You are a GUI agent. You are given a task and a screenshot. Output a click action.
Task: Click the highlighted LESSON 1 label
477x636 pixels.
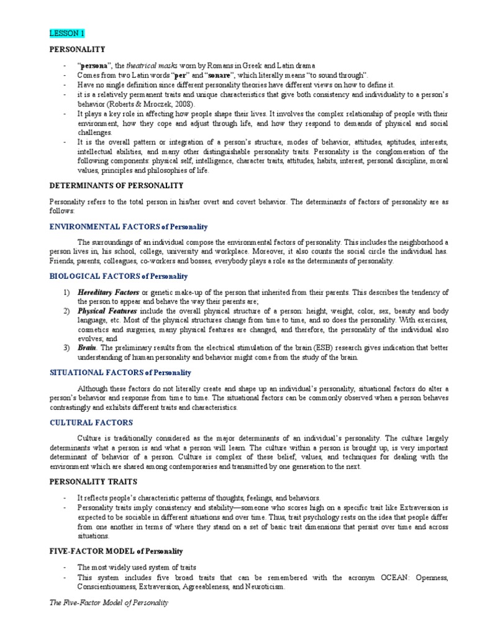[67, 33]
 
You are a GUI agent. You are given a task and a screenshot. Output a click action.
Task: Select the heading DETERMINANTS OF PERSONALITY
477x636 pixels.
[116, 185]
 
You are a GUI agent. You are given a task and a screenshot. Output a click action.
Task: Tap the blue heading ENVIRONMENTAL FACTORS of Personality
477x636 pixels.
[129, 227]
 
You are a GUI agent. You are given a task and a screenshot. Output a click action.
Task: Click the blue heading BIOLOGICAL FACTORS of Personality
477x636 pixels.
[118, 276]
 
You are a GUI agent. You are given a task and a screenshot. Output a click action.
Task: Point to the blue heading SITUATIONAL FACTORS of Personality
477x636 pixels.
[120, 373]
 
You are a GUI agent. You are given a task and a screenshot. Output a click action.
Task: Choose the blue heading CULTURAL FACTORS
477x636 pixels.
[91, 422]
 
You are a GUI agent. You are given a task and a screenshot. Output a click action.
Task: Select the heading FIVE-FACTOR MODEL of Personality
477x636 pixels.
[116, 551]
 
